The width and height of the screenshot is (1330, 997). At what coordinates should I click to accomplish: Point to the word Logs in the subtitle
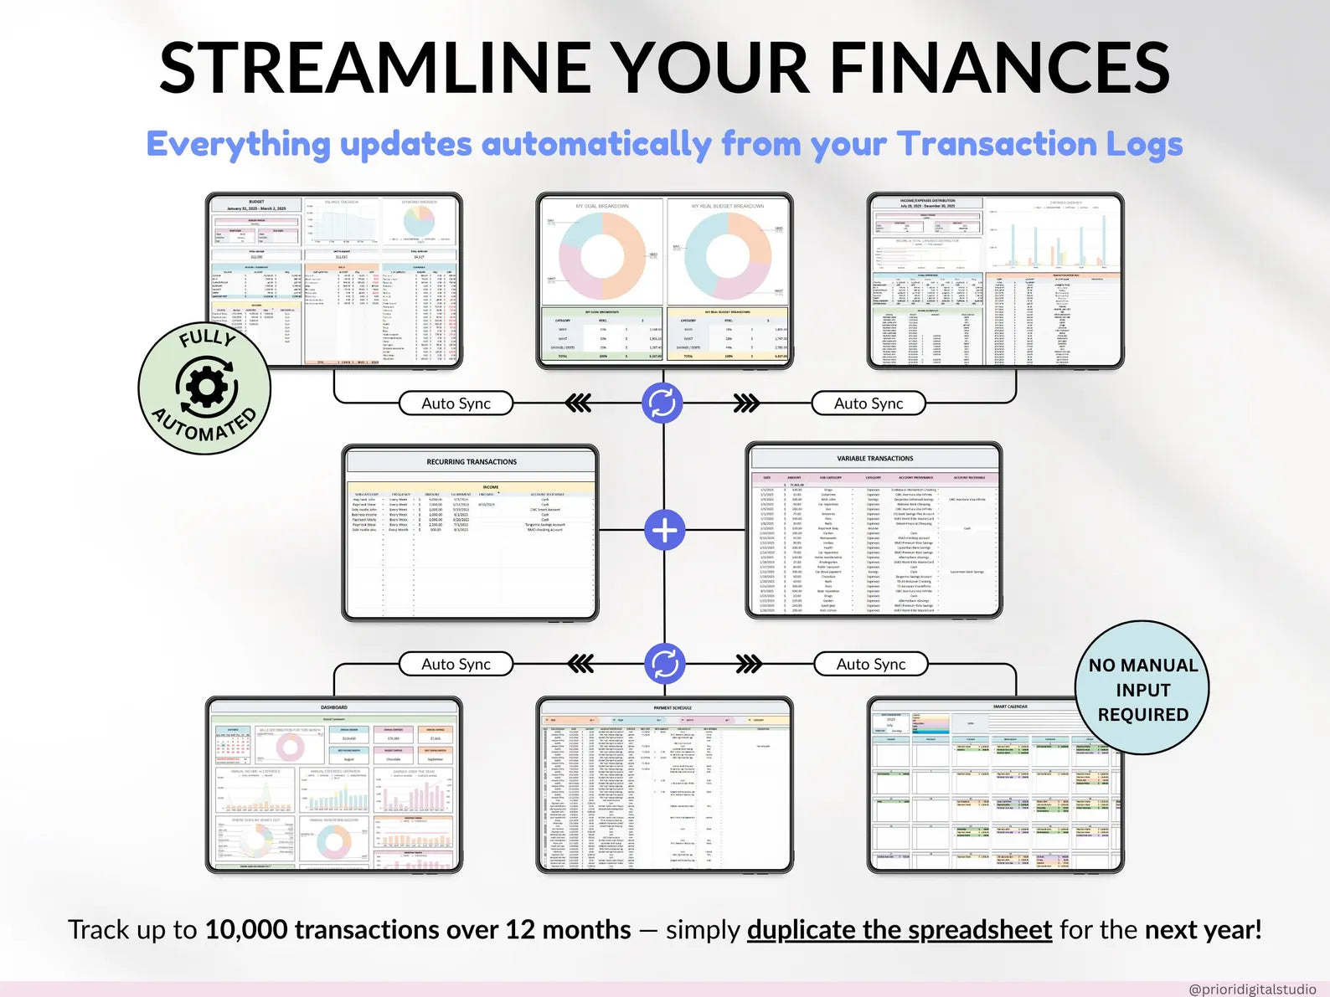point(1144,144)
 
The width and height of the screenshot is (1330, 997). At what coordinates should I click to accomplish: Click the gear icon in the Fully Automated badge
point(206,387)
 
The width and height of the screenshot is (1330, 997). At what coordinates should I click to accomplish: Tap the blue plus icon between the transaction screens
point(665,531)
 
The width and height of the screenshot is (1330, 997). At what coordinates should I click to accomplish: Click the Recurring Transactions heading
point(472,462)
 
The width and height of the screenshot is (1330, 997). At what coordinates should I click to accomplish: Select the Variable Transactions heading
point(874,459)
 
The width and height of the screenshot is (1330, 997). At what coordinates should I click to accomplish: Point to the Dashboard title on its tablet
point(333,708)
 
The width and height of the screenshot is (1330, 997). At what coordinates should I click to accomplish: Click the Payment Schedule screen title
point(673,708)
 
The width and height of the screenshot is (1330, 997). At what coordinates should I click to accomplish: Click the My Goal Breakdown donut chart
point(601,256)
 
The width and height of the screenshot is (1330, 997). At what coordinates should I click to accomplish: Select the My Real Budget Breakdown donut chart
point(727,256)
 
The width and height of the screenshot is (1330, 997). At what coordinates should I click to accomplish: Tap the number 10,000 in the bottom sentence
point(246,930)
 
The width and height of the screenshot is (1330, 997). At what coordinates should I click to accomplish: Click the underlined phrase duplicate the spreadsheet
point(899,930)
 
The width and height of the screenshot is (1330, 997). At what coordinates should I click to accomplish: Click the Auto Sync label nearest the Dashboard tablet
point(456,665)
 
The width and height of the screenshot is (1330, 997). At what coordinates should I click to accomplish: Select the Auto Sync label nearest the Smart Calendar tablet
point(871,665)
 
